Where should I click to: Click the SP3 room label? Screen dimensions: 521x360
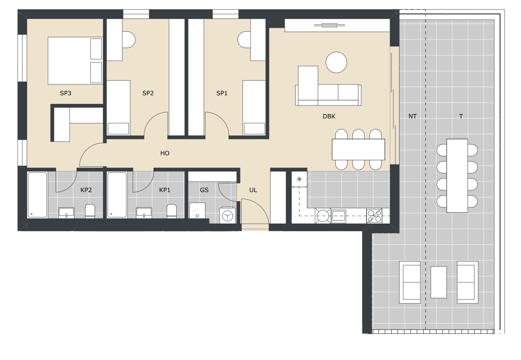66,93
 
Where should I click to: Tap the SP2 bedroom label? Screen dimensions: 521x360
148,93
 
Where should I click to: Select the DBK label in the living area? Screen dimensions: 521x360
329,116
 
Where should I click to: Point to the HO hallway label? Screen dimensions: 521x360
165,153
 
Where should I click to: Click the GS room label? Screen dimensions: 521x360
204,190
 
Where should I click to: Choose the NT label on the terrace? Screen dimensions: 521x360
413,116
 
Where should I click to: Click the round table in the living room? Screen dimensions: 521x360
336,62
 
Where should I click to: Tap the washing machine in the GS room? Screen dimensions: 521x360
227,215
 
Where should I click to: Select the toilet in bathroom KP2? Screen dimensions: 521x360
90,211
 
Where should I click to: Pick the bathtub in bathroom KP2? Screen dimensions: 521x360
37,195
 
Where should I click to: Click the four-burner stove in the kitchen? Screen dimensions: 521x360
374,216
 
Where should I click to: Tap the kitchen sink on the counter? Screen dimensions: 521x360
339,216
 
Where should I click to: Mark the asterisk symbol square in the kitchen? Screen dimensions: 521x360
299,179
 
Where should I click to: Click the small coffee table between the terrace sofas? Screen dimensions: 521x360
439,282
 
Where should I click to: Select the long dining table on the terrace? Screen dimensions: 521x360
457,176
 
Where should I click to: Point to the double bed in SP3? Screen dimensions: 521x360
75,61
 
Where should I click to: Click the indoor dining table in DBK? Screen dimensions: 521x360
358,149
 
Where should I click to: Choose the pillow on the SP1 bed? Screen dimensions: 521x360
254,128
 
